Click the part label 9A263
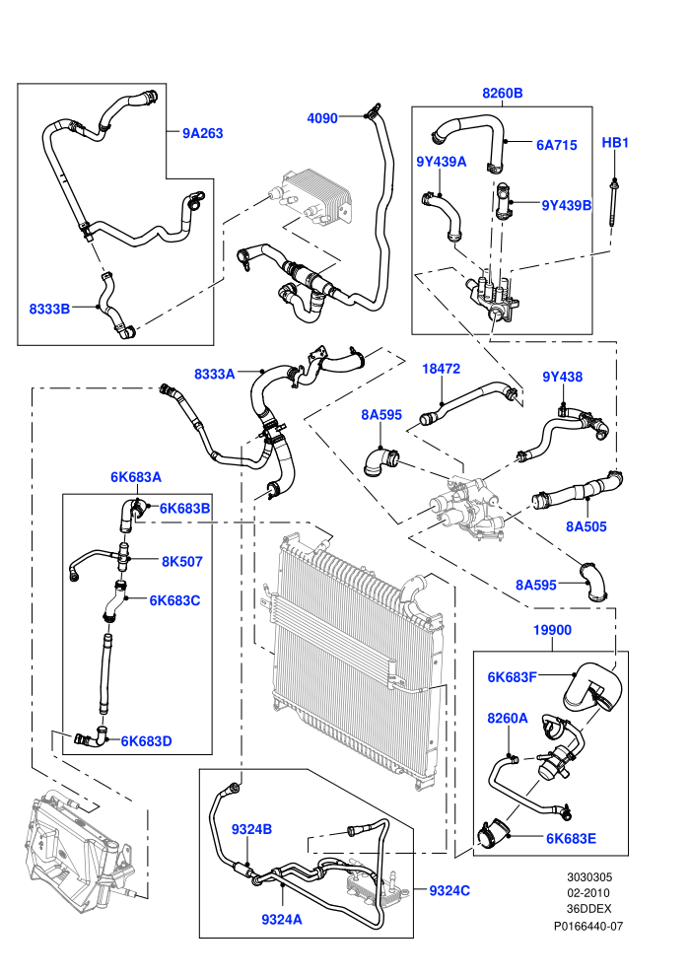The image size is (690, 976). [x=202, y=133]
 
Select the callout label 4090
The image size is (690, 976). [x=322, y=118]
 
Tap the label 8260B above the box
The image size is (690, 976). [x=502, y=94]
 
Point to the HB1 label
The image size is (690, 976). [x=615, y=143]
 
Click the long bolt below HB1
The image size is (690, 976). [x=614, y=205]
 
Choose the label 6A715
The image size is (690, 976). [x=557, y=145]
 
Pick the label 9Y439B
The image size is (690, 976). [x=566, y=205]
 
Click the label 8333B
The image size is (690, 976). [x=49, y=309]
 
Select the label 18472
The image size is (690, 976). [x=442, y=369]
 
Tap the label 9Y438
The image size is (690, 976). [x=563, y=377]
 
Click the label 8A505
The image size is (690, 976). [x=586, y=526]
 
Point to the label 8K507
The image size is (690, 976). [x=182, y=562]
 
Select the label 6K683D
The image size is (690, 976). [x=146, y=741]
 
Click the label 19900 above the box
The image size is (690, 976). [x=553, y=630]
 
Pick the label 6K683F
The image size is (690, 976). [x=512, y=677]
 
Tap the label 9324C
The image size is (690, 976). [x=449, y=891]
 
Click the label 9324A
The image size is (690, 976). [x=282, y=920]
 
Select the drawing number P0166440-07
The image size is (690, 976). [x=588, y=927]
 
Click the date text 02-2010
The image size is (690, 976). [x=588, y=893]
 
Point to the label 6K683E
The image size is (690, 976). [x=571, y=838]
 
